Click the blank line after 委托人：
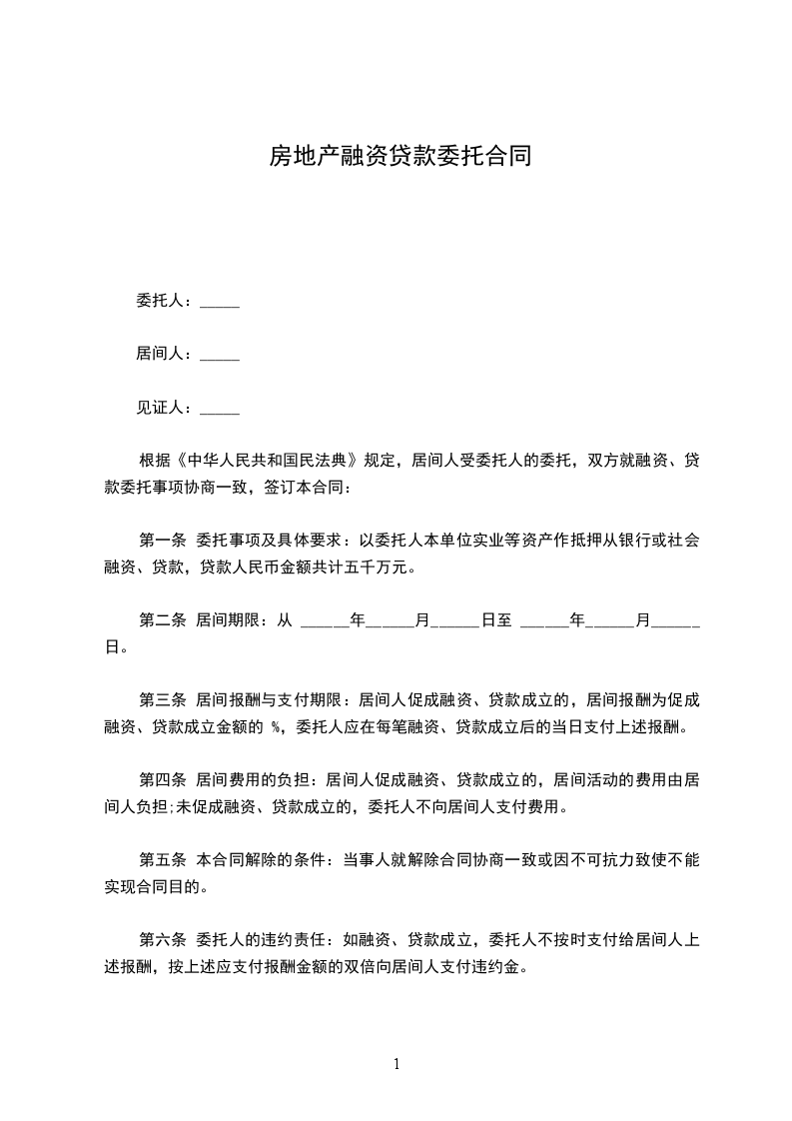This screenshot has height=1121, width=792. [x=220, y=303]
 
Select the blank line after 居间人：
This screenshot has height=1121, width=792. [x=220, y=356]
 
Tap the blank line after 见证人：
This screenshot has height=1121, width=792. [x=220, y=409]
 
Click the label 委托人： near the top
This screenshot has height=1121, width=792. [x=167, y=301]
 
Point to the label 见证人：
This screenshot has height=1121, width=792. [x=167, y=407]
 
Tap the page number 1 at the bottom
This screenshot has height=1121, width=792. [x=396, y=1064]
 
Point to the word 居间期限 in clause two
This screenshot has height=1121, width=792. [x=230, y=620]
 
